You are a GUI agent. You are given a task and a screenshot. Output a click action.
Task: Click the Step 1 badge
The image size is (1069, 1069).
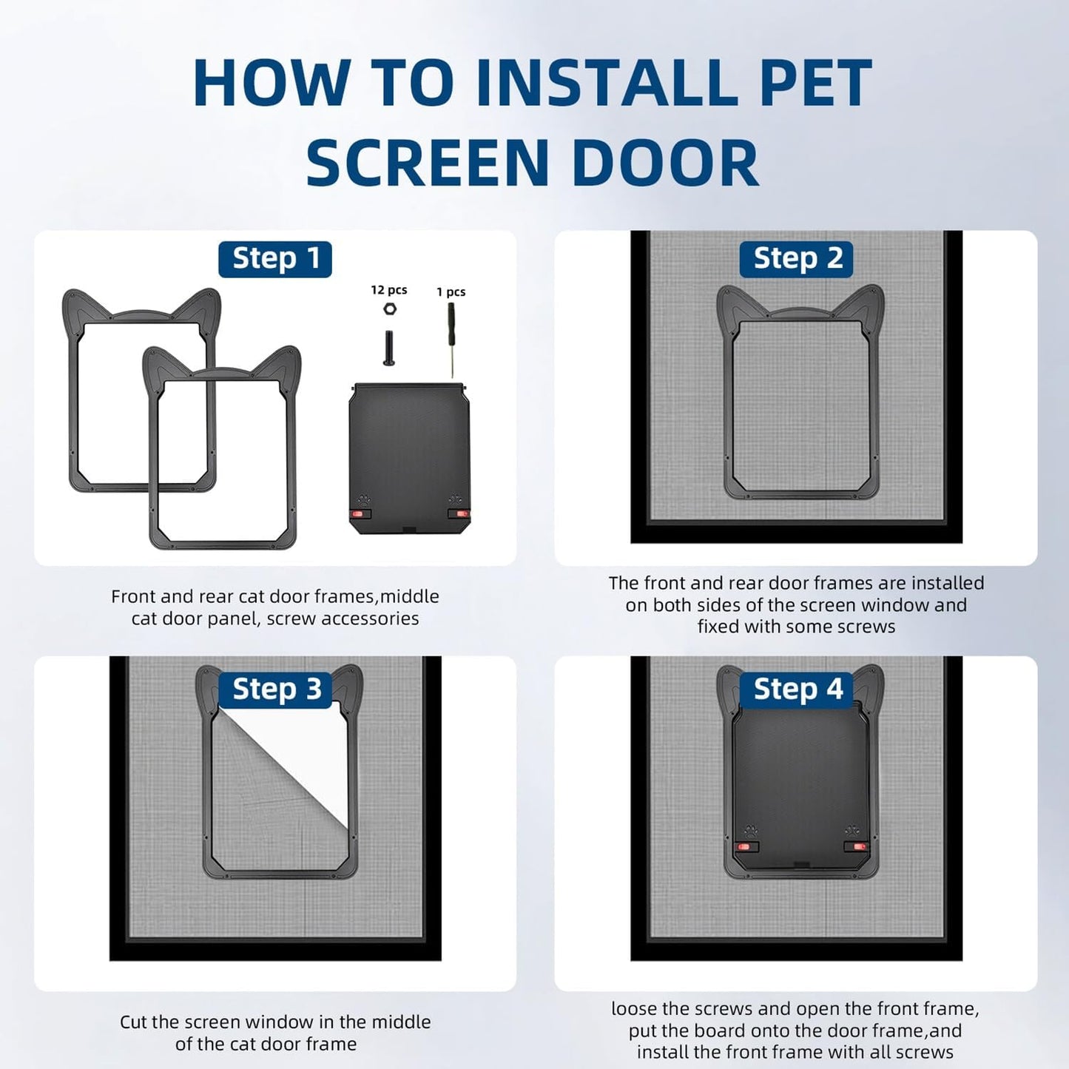(x=274, y=259)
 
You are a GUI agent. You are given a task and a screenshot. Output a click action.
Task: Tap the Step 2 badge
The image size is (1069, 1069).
(x=797, y=259)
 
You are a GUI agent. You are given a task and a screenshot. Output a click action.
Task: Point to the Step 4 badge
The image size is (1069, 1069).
(x=797, y=689)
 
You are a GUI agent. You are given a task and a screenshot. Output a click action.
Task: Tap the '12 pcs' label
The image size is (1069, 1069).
(x=388, y=290)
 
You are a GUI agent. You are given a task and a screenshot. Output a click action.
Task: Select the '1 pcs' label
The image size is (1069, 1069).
(x=451, y=291)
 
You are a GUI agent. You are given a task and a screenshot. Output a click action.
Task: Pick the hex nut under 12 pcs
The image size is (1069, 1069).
(x=390, y=309)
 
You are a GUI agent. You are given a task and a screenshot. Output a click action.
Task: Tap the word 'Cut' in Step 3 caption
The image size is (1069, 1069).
(x=133, y=1022)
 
